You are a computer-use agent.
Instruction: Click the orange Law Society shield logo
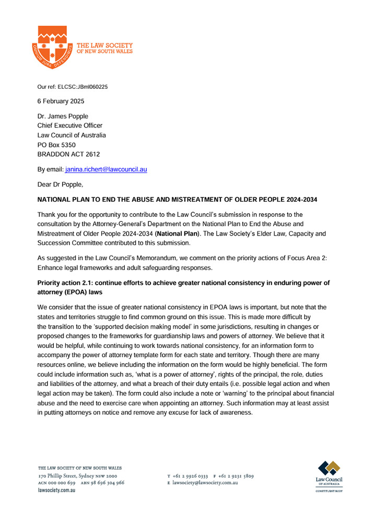(51, 49)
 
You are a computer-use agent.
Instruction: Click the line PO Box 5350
(60, 145)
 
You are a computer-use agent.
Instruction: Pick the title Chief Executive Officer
(70, 125)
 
